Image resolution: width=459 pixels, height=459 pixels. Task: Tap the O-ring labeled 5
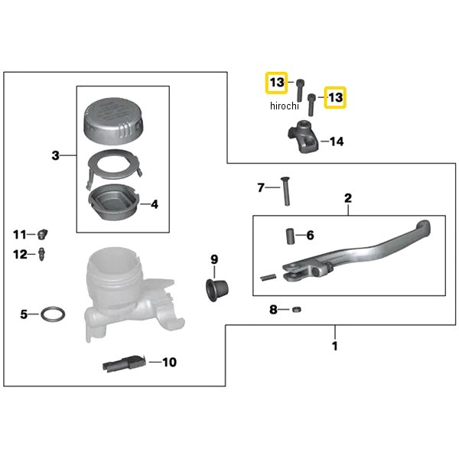(53, 314)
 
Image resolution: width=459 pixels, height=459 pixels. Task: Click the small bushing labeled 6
(291, 235)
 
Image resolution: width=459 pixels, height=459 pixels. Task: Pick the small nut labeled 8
(296, 309)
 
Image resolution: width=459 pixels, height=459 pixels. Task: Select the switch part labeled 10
(122, 363)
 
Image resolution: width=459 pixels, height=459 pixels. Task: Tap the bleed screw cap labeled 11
(44, 233)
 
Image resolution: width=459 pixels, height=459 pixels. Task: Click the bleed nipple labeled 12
(44, 254)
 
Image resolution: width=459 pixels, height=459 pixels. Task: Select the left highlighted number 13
(276, 82)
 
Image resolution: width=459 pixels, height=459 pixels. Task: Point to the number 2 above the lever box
(347, 198)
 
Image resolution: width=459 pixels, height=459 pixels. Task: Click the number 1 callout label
(334, 346)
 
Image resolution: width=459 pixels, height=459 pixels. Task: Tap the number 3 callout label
(55, 156)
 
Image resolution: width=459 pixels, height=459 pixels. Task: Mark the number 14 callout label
(337, 142)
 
